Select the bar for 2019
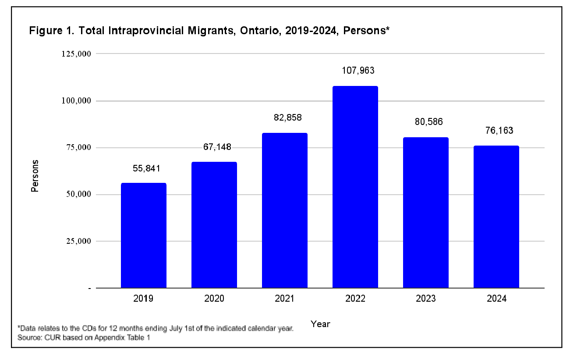[143, 235]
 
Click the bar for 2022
[355, 187]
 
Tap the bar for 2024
[496, 217]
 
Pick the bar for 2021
[284, 210]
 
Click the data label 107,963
[355, 70]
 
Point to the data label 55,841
[143, 168]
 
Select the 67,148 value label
[214, 147]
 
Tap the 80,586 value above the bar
[425, 121]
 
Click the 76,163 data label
[496, 130]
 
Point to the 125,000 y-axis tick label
[75, 54]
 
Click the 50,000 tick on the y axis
[77, 194]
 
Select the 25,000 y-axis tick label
[77, 241]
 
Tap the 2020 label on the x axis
[214, 299]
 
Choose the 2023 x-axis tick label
[425, 299]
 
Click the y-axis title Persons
[35, 175]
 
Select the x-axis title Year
[320, 324]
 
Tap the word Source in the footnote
[28, 338]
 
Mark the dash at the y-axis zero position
[89, 289]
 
